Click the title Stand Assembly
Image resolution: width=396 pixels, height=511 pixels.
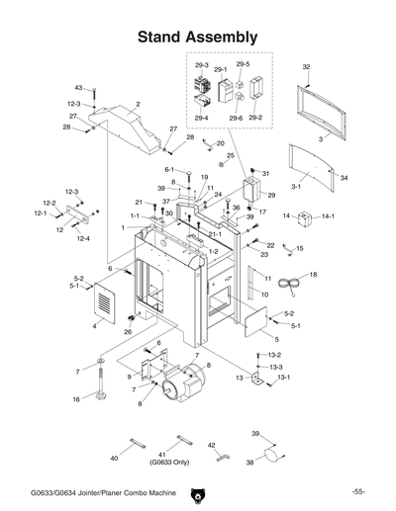click(198, 37)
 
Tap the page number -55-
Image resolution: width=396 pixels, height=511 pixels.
click(358, 492)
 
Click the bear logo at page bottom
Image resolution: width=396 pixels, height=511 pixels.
click(198, 491)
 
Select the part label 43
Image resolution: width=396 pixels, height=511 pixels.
click(78, 89)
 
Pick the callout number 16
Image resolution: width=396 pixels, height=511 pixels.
click(75, 399)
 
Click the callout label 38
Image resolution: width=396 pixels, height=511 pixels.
click(251, 462)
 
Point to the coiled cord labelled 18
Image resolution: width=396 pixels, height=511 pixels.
click(290, 285)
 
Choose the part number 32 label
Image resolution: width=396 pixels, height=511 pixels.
click(306, 66)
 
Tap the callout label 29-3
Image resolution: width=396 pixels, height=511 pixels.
click(201, 66)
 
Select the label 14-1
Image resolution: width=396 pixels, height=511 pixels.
click(328, 215)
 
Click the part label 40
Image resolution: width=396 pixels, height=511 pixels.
click(114, 459)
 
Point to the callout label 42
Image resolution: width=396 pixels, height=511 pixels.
click(212, 446)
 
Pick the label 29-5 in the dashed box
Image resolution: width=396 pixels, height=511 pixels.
click(243, 64)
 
